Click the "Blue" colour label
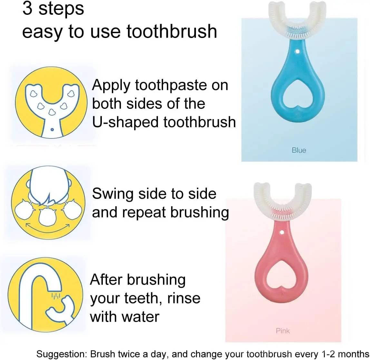point(299,150)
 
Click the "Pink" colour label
point(283,331)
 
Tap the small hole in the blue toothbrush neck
point(297,51)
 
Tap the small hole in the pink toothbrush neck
point(282,232)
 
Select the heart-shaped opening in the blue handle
point(297,93)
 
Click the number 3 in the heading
point(27,9)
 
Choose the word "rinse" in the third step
point(183,298)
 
